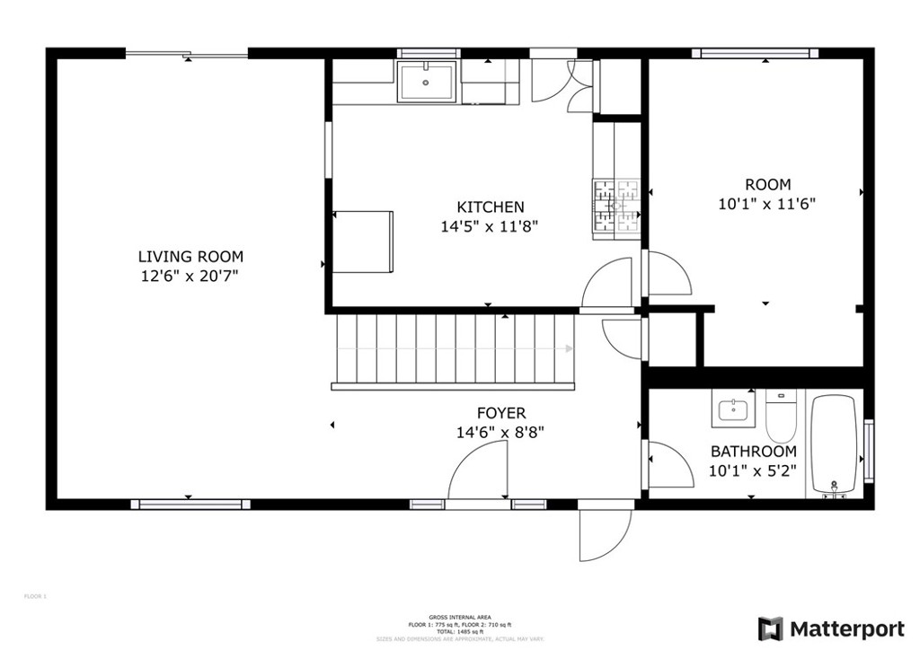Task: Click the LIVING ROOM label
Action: tap(190, 257)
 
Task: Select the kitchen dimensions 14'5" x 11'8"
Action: tap(490, 227)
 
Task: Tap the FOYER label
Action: tap(501, 413)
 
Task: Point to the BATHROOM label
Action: tap(753, 452)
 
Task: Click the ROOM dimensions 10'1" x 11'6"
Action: tap(766, 204)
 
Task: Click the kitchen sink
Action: tap(427, 82)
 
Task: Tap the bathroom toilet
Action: tap(781, 415)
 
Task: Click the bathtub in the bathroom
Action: tap(836, 444)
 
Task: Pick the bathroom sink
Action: tap(734, 410)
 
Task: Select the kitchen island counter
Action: tap(363, 241)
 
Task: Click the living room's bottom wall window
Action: tap(189, 505)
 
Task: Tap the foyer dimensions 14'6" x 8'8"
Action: tap(501, 432)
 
